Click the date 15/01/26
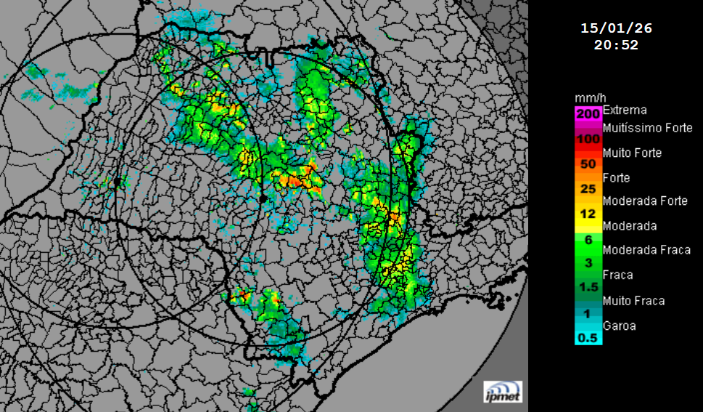coord(616,28)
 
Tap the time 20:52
coord(616,44)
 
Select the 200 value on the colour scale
coord(588,113)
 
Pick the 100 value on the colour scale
coord(588,139)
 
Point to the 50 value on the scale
coord(588,163)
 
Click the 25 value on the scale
coord(588,189)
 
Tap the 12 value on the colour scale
coord(588,214)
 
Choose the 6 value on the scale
coord(588,238)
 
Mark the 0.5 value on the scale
coord(588,338)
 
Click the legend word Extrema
coord(625,110)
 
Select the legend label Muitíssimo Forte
coord(647,128)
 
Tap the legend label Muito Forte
coord(632,153)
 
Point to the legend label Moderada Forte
coord(645,201)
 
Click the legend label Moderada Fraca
coord(646,250)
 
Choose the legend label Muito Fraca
coord(633,301)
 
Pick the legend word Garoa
coord(619,326)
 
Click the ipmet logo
coord(503,391)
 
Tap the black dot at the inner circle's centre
coord(262,197)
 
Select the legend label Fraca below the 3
coord(617,275)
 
